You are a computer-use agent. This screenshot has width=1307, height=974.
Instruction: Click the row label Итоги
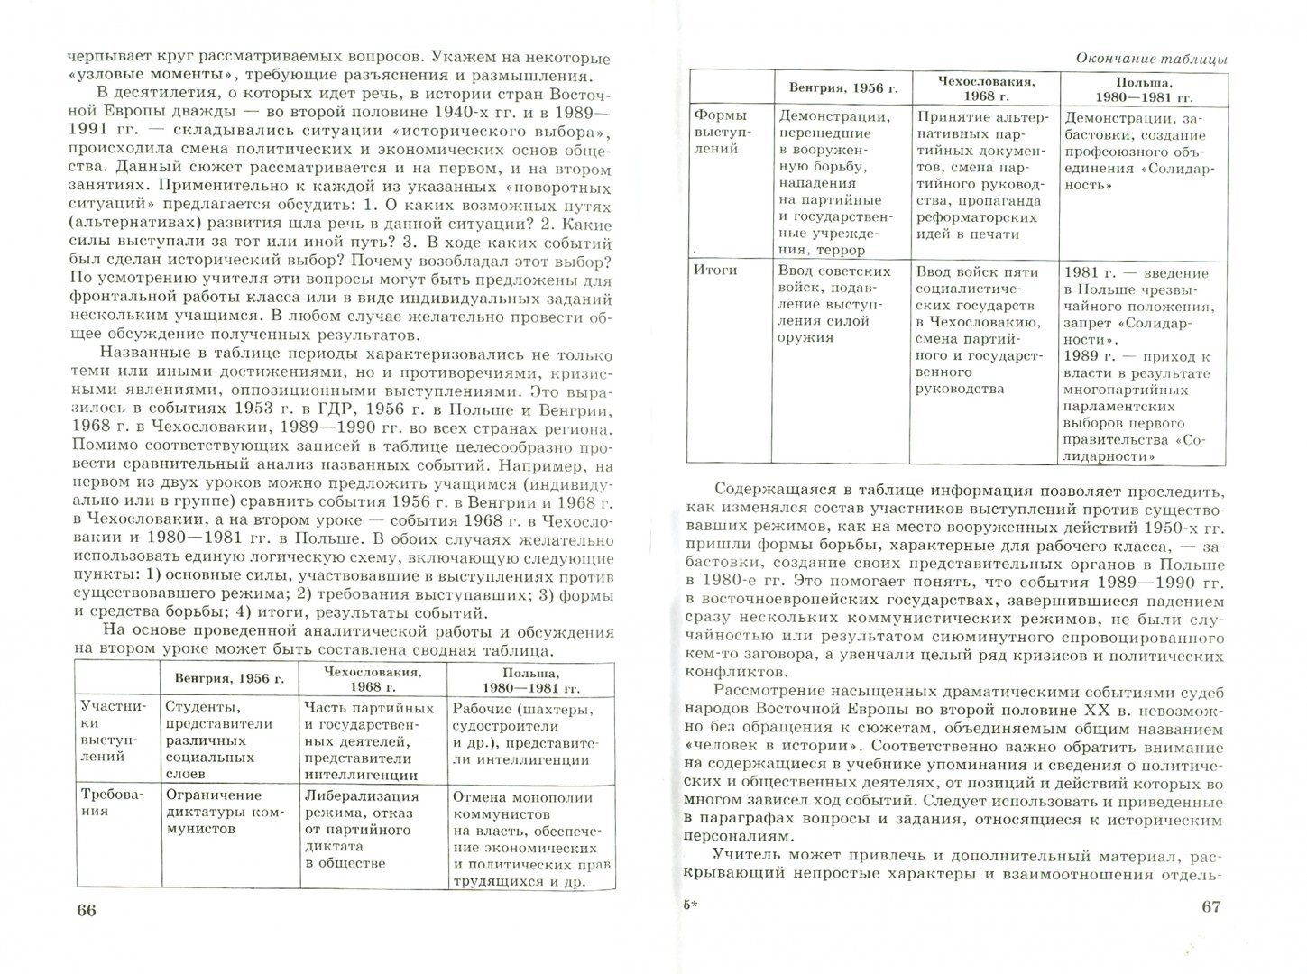[x=717, y=270]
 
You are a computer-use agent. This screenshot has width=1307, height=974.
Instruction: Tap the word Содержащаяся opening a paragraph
[x=780, y=492]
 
